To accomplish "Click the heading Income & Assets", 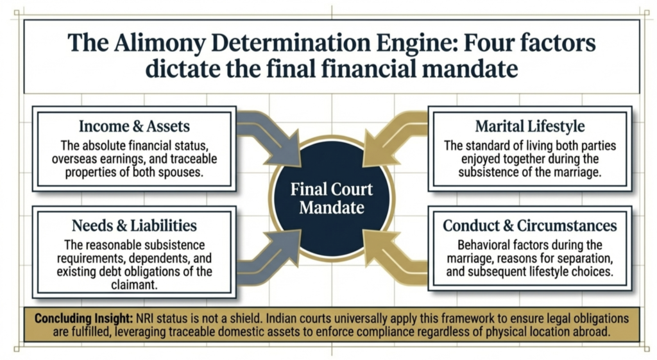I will click(134, 126).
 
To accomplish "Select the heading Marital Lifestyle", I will click(529, 126).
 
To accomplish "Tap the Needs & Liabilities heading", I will click(134, 226).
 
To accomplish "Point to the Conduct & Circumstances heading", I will click(530, 226).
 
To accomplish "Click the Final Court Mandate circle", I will click(331, 198).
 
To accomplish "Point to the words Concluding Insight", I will click(76, 318).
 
